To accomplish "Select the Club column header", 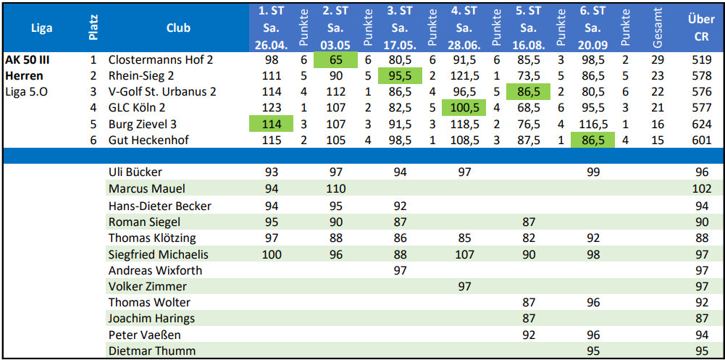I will point(178,28).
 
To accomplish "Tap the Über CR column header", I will point(700,28).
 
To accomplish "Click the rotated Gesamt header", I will point(658,28).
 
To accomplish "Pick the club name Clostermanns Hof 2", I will point(161,60).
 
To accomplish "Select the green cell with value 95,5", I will point(400,76).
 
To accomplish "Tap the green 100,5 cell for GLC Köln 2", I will point(464,108).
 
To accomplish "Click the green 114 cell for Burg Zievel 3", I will point(272,124).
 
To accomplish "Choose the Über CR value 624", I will point(701,124).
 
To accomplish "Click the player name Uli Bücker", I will point(135,172).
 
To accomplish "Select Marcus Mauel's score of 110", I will point(335,189).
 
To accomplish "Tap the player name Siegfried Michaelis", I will point(158,254).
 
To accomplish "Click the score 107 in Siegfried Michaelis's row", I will point(464,254).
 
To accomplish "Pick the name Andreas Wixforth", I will point(155,270).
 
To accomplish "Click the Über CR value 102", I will point(701,189).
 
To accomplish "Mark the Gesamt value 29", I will point(658,60).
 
